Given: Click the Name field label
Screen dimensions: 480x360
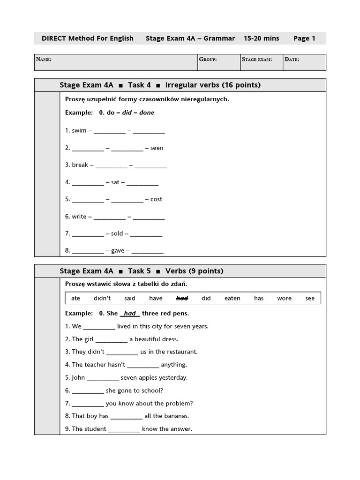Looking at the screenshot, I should pos(44,60).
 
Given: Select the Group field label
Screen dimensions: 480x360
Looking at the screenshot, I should pos(208,60).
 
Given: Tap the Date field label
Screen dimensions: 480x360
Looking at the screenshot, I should pos(292,60).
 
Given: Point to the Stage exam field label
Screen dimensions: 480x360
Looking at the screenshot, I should pos(257,60).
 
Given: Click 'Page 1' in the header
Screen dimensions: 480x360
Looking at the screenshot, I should pos(304,38).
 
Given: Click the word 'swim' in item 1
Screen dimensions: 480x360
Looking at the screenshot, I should pos(79,131).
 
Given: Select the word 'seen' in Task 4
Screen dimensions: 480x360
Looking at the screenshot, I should pos(157,148).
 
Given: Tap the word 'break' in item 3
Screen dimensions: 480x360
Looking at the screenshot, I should pos(80,165).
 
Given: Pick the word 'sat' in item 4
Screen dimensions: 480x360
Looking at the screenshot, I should pos(115,182).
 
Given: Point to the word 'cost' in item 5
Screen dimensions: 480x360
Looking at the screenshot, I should pos(157,199).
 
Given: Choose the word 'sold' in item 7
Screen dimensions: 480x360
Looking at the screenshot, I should pos(117,233).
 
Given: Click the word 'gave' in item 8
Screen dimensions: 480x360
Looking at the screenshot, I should pos(118,251).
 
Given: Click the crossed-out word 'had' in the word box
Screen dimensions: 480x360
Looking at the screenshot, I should pos(182,298).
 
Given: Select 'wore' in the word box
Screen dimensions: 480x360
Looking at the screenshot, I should pos(284,298).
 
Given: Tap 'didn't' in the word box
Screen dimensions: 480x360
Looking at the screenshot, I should pos(102,298).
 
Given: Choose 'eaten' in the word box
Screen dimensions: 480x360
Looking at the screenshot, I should pos(232,298).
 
